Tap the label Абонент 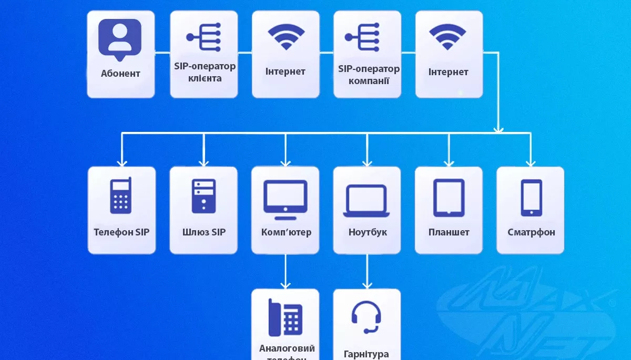[120, 74]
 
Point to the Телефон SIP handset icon [120, 196]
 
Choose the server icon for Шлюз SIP [203, 196]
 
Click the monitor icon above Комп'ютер [285, 199]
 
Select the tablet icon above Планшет [449, 198]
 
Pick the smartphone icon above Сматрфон [531, 198]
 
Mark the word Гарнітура [366, 354]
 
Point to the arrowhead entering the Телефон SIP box [121, 162]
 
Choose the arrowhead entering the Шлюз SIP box [203, 162]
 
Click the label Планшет [449, 232]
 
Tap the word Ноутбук [367, 232]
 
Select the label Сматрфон [531, 232]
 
